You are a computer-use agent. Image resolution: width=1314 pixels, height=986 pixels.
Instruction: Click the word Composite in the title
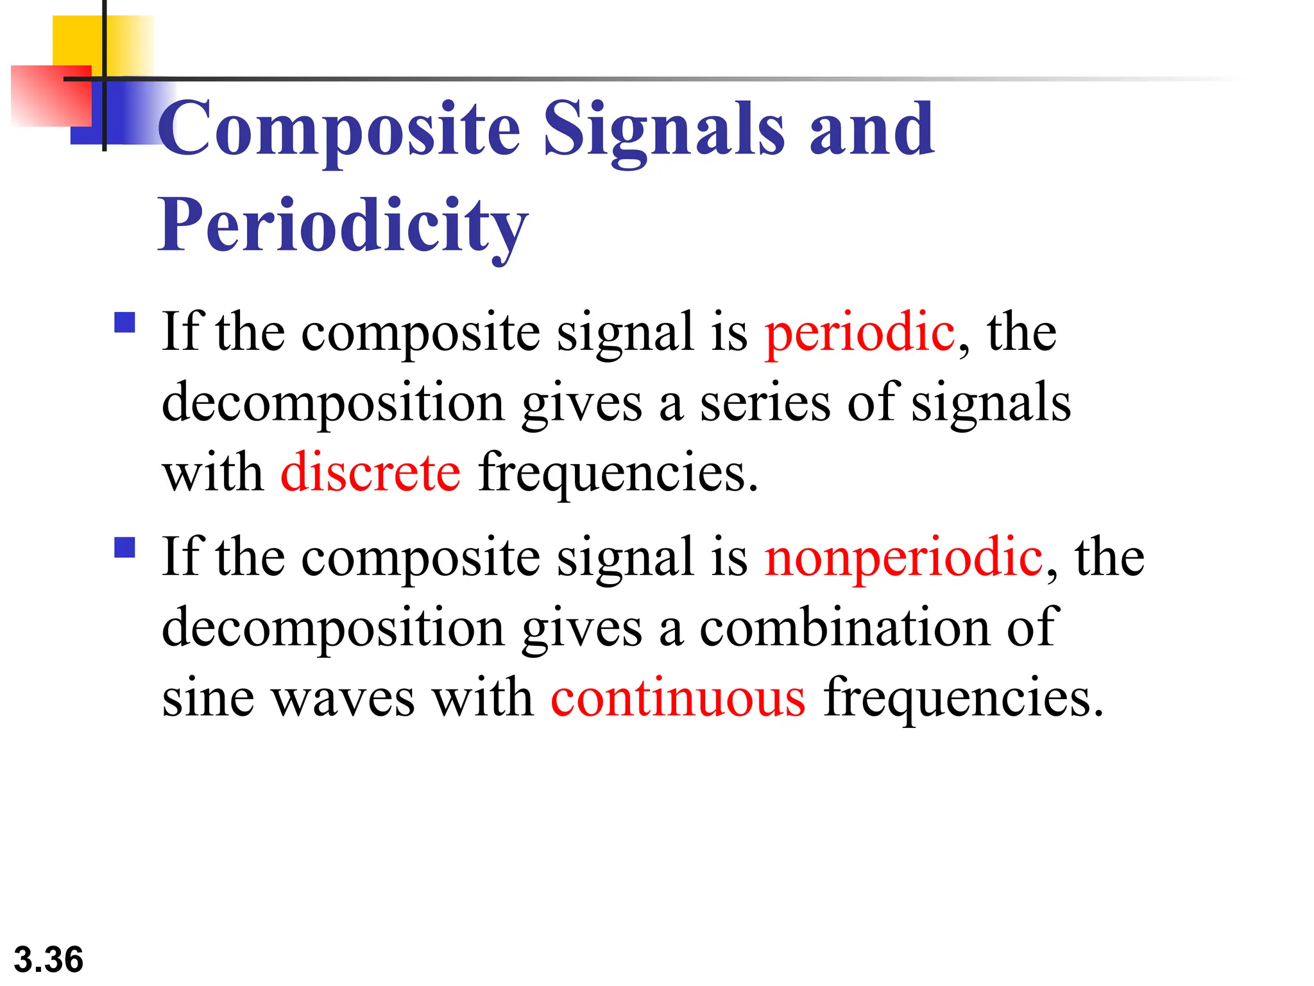point(339,130)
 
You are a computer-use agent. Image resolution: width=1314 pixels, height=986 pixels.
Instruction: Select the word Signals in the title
point(663,130)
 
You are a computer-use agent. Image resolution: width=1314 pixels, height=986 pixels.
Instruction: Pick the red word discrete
point(370,472)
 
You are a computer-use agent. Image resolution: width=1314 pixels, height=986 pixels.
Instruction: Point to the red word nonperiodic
point(903,557)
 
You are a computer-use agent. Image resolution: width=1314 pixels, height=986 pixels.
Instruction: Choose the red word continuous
point(678,698)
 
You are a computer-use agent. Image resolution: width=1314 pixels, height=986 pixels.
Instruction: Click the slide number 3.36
point(49,960)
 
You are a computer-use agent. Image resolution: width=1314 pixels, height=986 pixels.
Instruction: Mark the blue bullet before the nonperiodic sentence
point(124,547)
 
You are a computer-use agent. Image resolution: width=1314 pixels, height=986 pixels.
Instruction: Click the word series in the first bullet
point(765,403)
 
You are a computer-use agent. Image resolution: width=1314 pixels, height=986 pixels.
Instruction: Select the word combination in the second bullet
point(844,627)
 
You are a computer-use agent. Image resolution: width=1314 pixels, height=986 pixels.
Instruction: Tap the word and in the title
point(871,130)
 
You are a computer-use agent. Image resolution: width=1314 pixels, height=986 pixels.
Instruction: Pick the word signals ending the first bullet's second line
point(991,403)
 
